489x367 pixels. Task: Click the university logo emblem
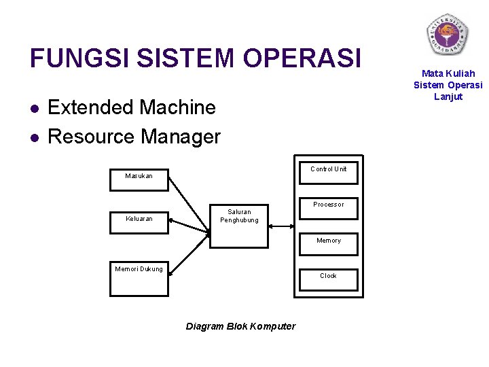coord(448,35)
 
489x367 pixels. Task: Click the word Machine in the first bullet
coord(177,107)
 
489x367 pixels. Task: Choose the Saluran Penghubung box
coord(239,224)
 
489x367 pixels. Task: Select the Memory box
coord(329,243)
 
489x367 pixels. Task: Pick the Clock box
coord(329,279)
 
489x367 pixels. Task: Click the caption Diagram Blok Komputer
coord(240,326)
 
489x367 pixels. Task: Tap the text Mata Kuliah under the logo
coord(448,73)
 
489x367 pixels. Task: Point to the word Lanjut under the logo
coord(448,97)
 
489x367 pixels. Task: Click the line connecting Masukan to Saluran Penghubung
coord(189,205)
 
